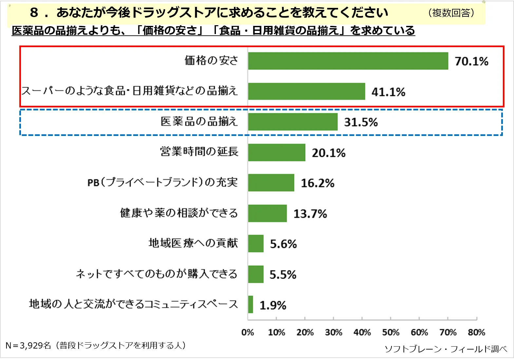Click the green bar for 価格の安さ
coord(348,61)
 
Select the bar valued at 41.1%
coord(306,91)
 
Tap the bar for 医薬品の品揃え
coord(293,122)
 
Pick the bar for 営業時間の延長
coord(276,153)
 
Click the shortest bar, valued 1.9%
coord(251,304)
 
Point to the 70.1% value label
coord(471,61)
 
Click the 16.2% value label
coord(317,183)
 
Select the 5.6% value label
coord(283,244)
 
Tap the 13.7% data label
coord(310,214)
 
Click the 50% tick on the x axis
coord(390,332)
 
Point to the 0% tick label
coord(248,332)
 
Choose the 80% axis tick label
coord(476,332)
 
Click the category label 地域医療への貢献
coord(193,243)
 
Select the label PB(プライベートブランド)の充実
coord(162,182)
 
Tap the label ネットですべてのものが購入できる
coord(157,274)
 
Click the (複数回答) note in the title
coord(451,13)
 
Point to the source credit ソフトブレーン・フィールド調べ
coord(446,349)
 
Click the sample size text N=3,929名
coord(28,346)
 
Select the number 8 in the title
coord(34,13)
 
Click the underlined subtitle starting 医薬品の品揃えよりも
coord(213,30)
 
